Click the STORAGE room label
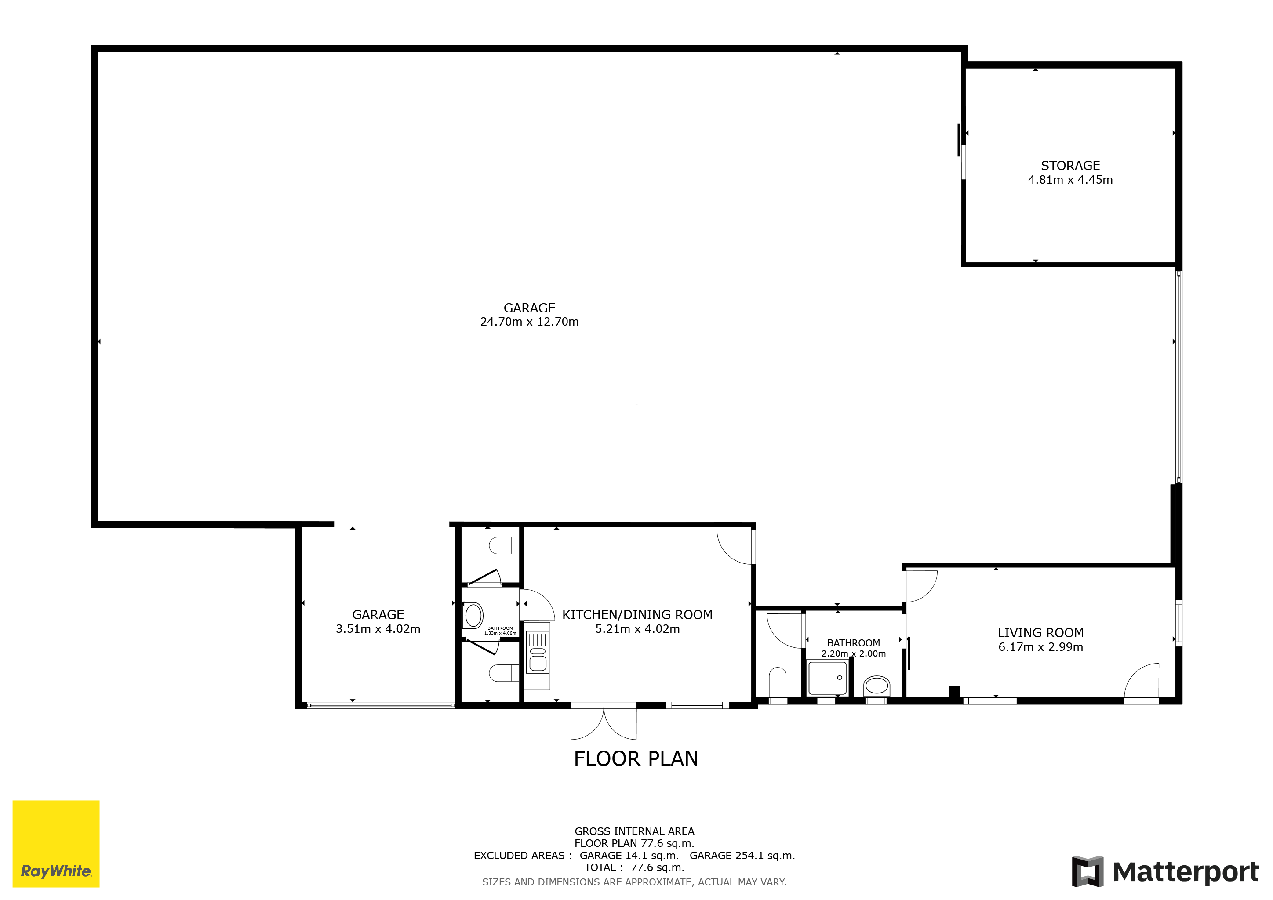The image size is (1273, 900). (1070, 166)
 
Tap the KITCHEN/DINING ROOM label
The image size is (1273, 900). (637, 615)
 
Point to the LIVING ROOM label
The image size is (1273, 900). (1041, 633)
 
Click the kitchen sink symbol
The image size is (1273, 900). (537, 653)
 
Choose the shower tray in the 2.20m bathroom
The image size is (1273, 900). (827, 678)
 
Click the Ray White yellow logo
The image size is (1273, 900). (56, 843)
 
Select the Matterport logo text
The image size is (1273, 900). (1186, 872)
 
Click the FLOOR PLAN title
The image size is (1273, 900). (636, 758)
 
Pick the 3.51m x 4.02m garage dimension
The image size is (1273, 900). (378, 629)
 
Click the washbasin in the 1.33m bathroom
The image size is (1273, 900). (473, 616)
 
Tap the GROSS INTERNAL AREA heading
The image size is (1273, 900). (634, 831)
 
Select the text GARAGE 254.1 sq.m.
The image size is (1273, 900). (742, 856)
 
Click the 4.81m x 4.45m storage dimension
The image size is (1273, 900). (1070, 180)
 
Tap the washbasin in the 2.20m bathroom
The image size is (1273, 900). (877, 686)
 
